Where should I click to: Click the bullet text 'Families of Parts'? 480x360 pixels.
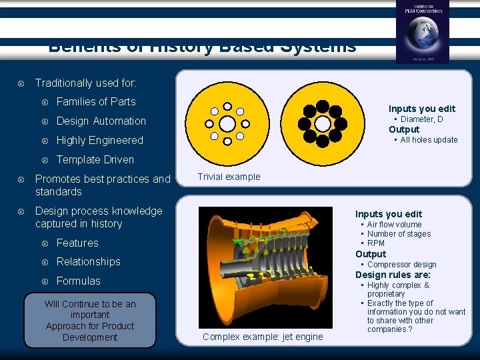click(x=96, y=102)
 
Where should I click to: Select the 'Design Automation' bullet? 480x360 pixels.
click(x=101, y=121)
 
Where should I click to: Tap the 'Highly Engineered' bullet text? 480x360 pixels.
click(x=99, y=141)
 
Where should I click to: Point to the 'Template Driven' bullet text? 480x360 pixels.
click(x=95, y=160)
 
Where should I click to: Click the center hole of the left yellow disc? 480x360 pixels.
click(x=227, y=124)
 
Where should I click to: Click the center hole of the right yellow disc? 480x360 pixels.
click(x=322, y=124)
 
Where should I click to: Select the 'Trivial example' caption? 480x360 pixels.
click(x=229, y=177)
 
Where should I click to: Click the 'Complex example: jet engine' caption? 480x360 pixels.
click(x=263, y=337)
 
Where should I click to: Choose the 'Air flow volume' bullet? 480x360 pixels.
click(x=394, y=225)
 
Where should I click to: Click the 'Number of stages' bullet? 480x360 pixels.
click(x=399, y=234)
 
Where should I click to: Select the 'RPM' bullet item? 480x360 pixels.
click(x=375, y=243)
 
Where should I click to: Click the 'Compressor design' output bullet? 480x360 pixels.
click(x=401, y=265)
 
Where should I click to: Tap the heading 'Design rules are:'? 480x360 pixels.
click(x=393, y=275)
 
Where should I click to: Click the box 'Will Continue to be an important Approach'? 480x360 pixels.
click(x=90, y=321)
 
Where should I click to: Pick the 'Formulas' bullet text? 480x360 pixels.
click(x=78, y=281)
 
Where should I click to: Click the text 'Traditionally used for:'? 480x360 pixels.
click(x=85, y=83)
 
